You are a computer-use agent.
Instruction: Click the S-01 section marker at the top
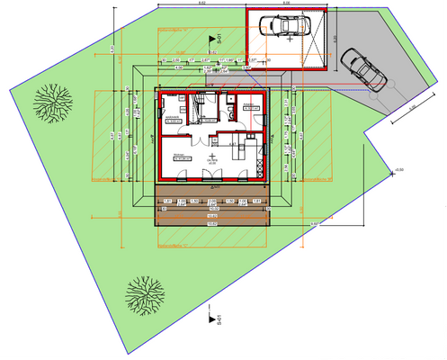[x=214, y=38]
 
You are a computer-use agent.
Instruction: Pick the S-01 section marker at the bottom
[x=213, y=319]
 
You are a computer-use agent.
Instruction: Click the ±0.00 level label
[x=399, y=169]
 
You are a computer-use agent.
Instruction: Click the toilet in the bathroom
[x=232, y=112]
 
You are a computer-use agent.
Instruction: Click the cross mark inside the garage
[x=288, y=40]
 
